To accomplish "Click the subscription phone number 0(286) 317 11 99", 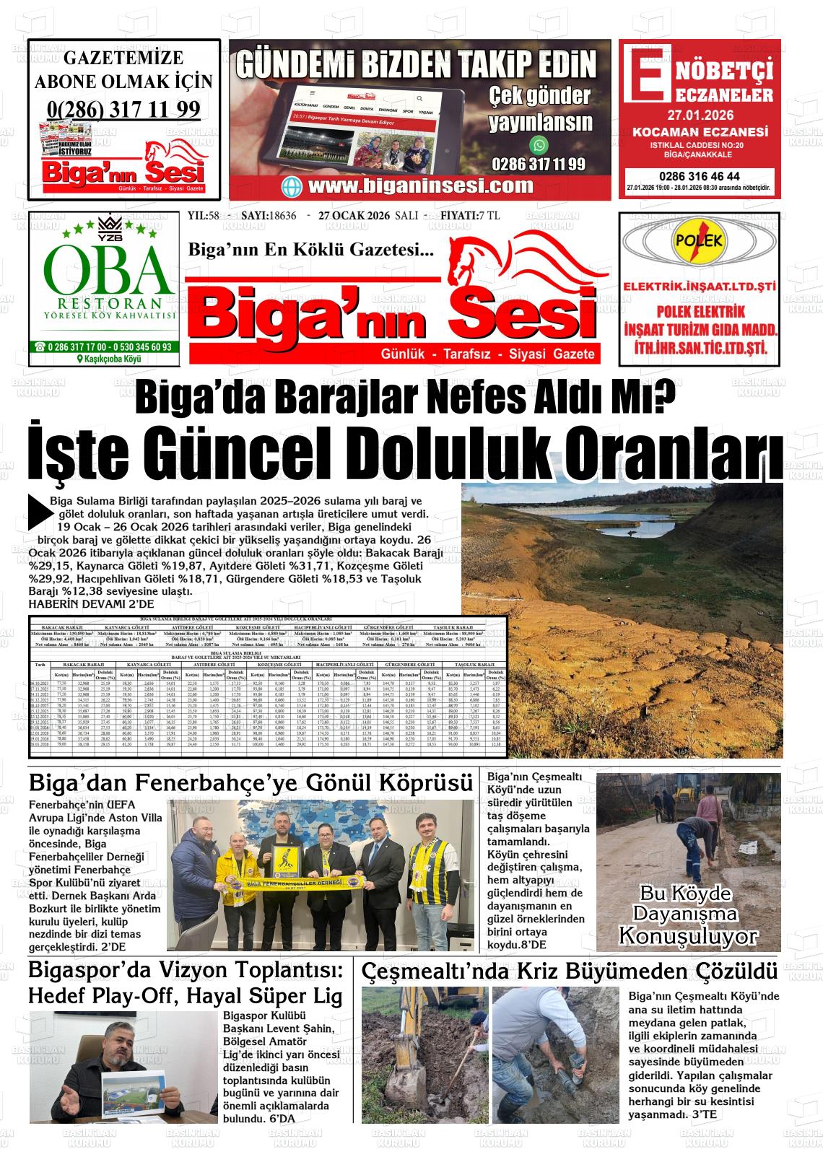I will coord(123,109).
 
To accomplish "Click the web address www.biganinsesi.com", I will coord(420,185).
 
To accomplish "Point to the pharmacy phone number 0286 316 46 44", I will coord(699,176).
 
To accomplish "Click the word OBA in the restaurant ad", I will coord(108,269).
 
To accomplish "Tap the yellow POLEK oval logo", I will coord(698,242).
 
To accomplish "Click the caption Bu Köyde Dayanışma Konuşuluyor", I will coord(688,915).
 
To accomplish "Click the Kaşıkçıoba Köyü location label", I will coord(108,359).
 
